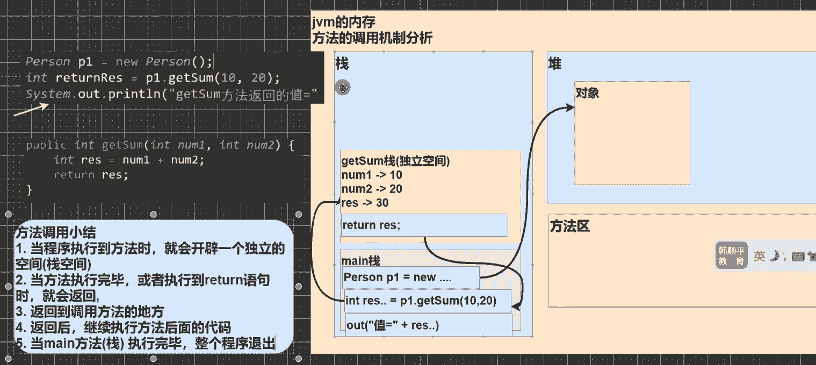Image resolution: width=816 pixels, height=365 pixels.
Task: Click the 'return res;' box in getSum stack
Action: click(424, 225)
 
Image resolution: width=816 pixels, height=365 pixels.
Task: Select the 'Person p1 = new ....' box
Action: click(411, 278)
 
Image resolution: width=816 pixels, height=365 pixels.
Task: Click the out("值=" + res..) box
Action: click(429, 325)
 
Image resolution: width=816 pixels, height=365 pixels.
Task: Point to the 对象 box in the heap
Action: click(632, 133)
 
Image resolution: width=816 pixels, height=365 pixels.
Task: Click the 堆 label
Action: click(554, 64)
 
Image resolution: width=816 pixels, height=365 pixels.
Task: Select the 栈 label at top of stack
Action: click(342, 64)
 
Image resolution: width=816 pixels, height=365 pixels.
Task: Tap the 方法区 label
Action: click(569, 226)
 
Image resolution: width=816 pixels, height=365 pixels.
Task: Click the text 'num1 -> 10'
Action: click(372, 175)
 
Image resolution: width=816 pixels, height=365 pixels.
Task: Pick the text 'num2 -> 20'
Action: click(372, 189)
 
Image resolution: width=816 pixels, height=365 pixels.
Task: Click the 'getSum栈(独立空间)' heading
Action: click(395, 161)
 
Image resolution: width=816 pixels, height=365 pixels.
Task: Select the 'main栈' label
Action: click(361, 261)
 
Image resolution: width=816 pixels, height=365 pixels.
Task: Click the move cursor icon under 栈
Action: click(343, 87)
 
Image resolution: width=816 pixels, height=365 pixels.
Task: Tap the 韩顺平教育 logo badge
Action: click(731, 255)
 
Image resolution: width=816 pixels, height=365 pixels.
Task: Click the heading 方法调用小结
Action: click(55, 233)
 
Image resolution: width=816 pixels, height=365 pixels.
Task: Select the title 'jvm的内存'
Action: click(344, 23)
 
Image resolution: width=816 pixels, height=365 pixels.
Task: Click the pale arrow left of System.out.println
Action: click(31, 109)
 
